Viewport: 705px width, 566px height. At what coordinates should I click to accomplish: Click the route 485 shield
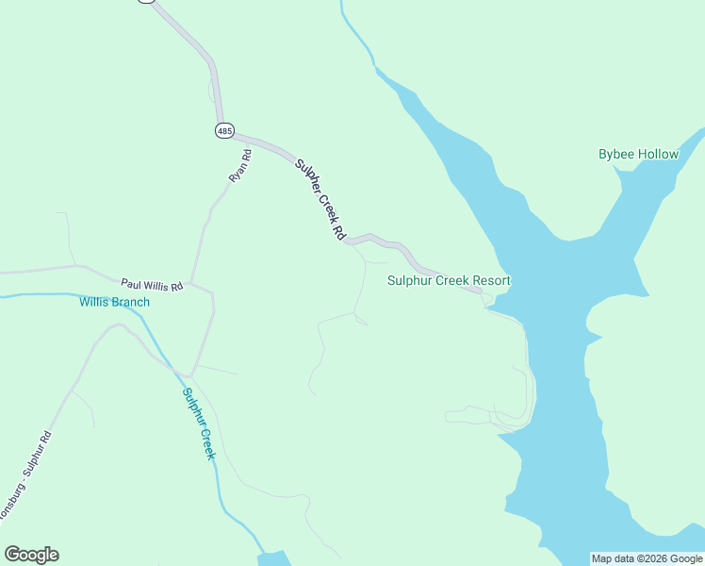pos(224,131)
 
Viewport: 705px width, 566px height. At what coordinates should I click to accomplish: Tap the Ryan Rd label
pos(239,165)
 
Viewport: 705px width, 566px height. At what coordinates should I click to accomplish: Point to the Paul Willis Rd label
pos(152,284)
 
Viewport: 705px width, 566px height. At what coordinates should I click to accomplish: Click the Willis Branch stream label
pos(114,302)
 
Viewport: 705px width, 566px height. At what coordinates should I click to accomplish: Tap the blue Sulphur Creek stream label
pos(199,424)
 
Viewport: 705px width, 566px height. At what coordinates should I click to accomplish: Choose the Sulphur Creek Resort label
pos(449,280)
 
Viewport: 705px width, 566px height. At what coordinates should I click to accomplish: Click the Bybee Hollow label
pos(638,154)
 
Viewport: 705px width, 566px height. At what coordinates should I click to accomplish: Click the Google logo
pos(31,555)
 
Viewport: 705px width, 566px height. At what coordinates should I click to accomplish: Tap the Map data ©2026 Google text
pos(647,558)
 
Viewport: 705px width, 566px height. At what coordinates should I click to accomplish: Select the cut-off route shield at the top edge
pos(145,2)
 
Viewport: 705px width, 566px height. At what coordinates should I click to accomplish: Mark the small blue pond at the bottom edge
pos(273,558)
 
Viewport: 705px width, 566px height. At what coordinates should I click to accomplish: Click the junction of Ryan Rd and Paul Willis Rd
pos(191,282)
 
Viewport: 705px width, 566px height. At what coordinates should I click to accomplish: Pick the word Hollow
pos(659,154)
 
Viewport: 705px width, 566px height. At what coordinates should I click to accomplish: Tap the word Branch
pos(130,302)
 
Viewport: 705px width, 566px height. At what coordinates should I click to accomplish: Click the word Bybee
pos(616,154)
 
